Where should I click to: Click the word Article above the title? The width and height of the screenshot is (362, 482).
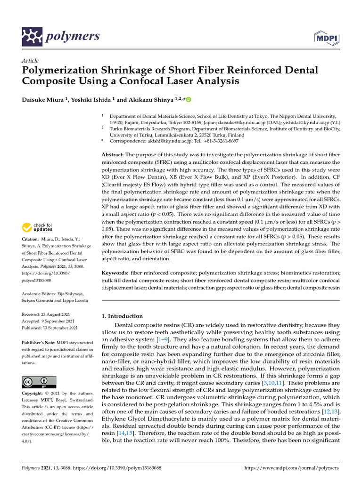pos(30,61)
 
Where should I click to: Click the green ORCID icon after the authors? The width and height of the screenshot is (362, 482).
pos(189,99)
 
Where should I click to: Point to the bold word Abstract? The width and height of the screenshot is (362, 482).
pos(113,155)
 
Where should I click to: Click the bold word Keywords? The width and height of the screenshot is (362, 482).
pos(116,273)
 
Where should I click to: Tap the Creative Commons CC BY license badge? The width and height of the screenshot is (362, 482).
pos(39,382)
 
